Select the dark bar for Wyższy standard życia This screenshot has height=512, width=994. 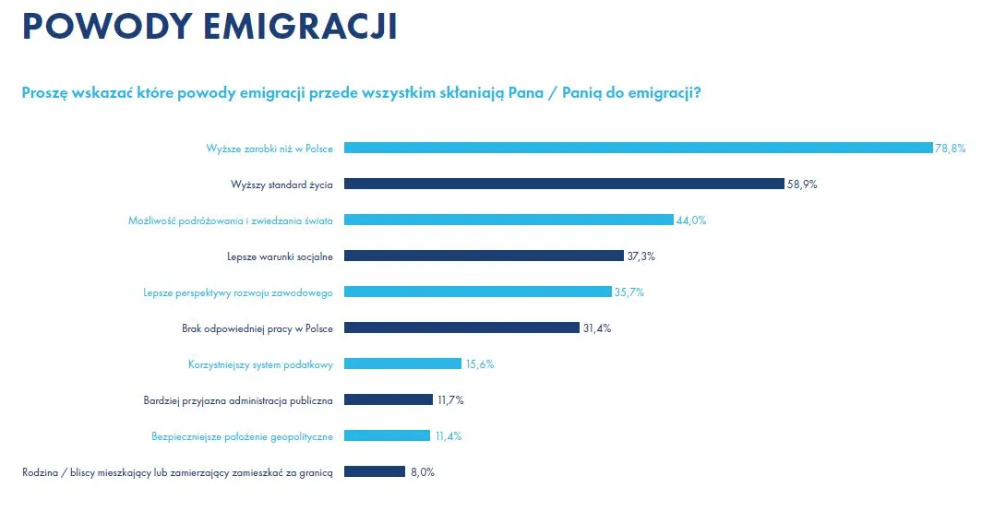[x=564, y=184]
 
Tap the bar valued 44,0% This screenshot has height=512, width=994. [x=509, y=220]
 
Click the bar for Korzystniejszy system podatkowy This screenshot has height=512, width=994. [x=402, y=363]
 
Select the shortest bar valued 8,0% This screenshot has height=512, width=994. [x=375, y=471]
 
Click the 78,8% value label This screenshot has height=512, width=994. [x=950, y=148]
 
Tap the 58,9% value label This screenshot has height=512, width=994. [x=802, y=184]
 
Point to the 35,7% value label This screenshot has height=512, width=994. [x=629, y=292]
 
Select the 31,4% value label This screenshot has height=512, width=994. [x=596, y=327]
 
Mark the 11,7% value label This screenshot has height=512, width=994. [x=449, y=399]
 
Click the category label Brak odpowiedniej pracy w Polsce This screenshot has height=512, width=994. [x=257, y=327]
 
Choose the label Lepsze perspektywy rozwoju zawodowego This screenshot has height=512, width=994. [x=238, y=292]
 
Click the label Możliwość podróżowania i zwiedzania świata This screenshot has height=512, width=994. [x=231, y=220]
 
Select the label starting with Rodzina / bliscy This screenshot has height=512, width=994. [x=177, y=471]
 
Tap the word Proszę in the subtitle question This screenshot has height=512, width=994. [x=44, y=93]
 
